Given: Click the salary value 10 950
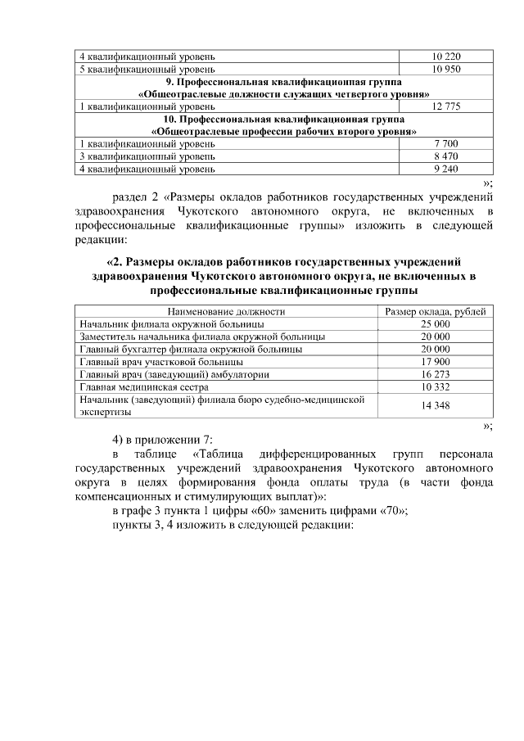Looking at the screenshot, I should click(446, 69).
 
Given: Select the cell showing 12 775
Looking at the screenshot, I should click(446, 106).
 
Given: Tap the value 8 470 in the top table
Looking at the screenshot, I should click(446, 156).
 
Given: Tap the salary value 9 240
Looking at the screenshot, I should click(446, 168).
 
